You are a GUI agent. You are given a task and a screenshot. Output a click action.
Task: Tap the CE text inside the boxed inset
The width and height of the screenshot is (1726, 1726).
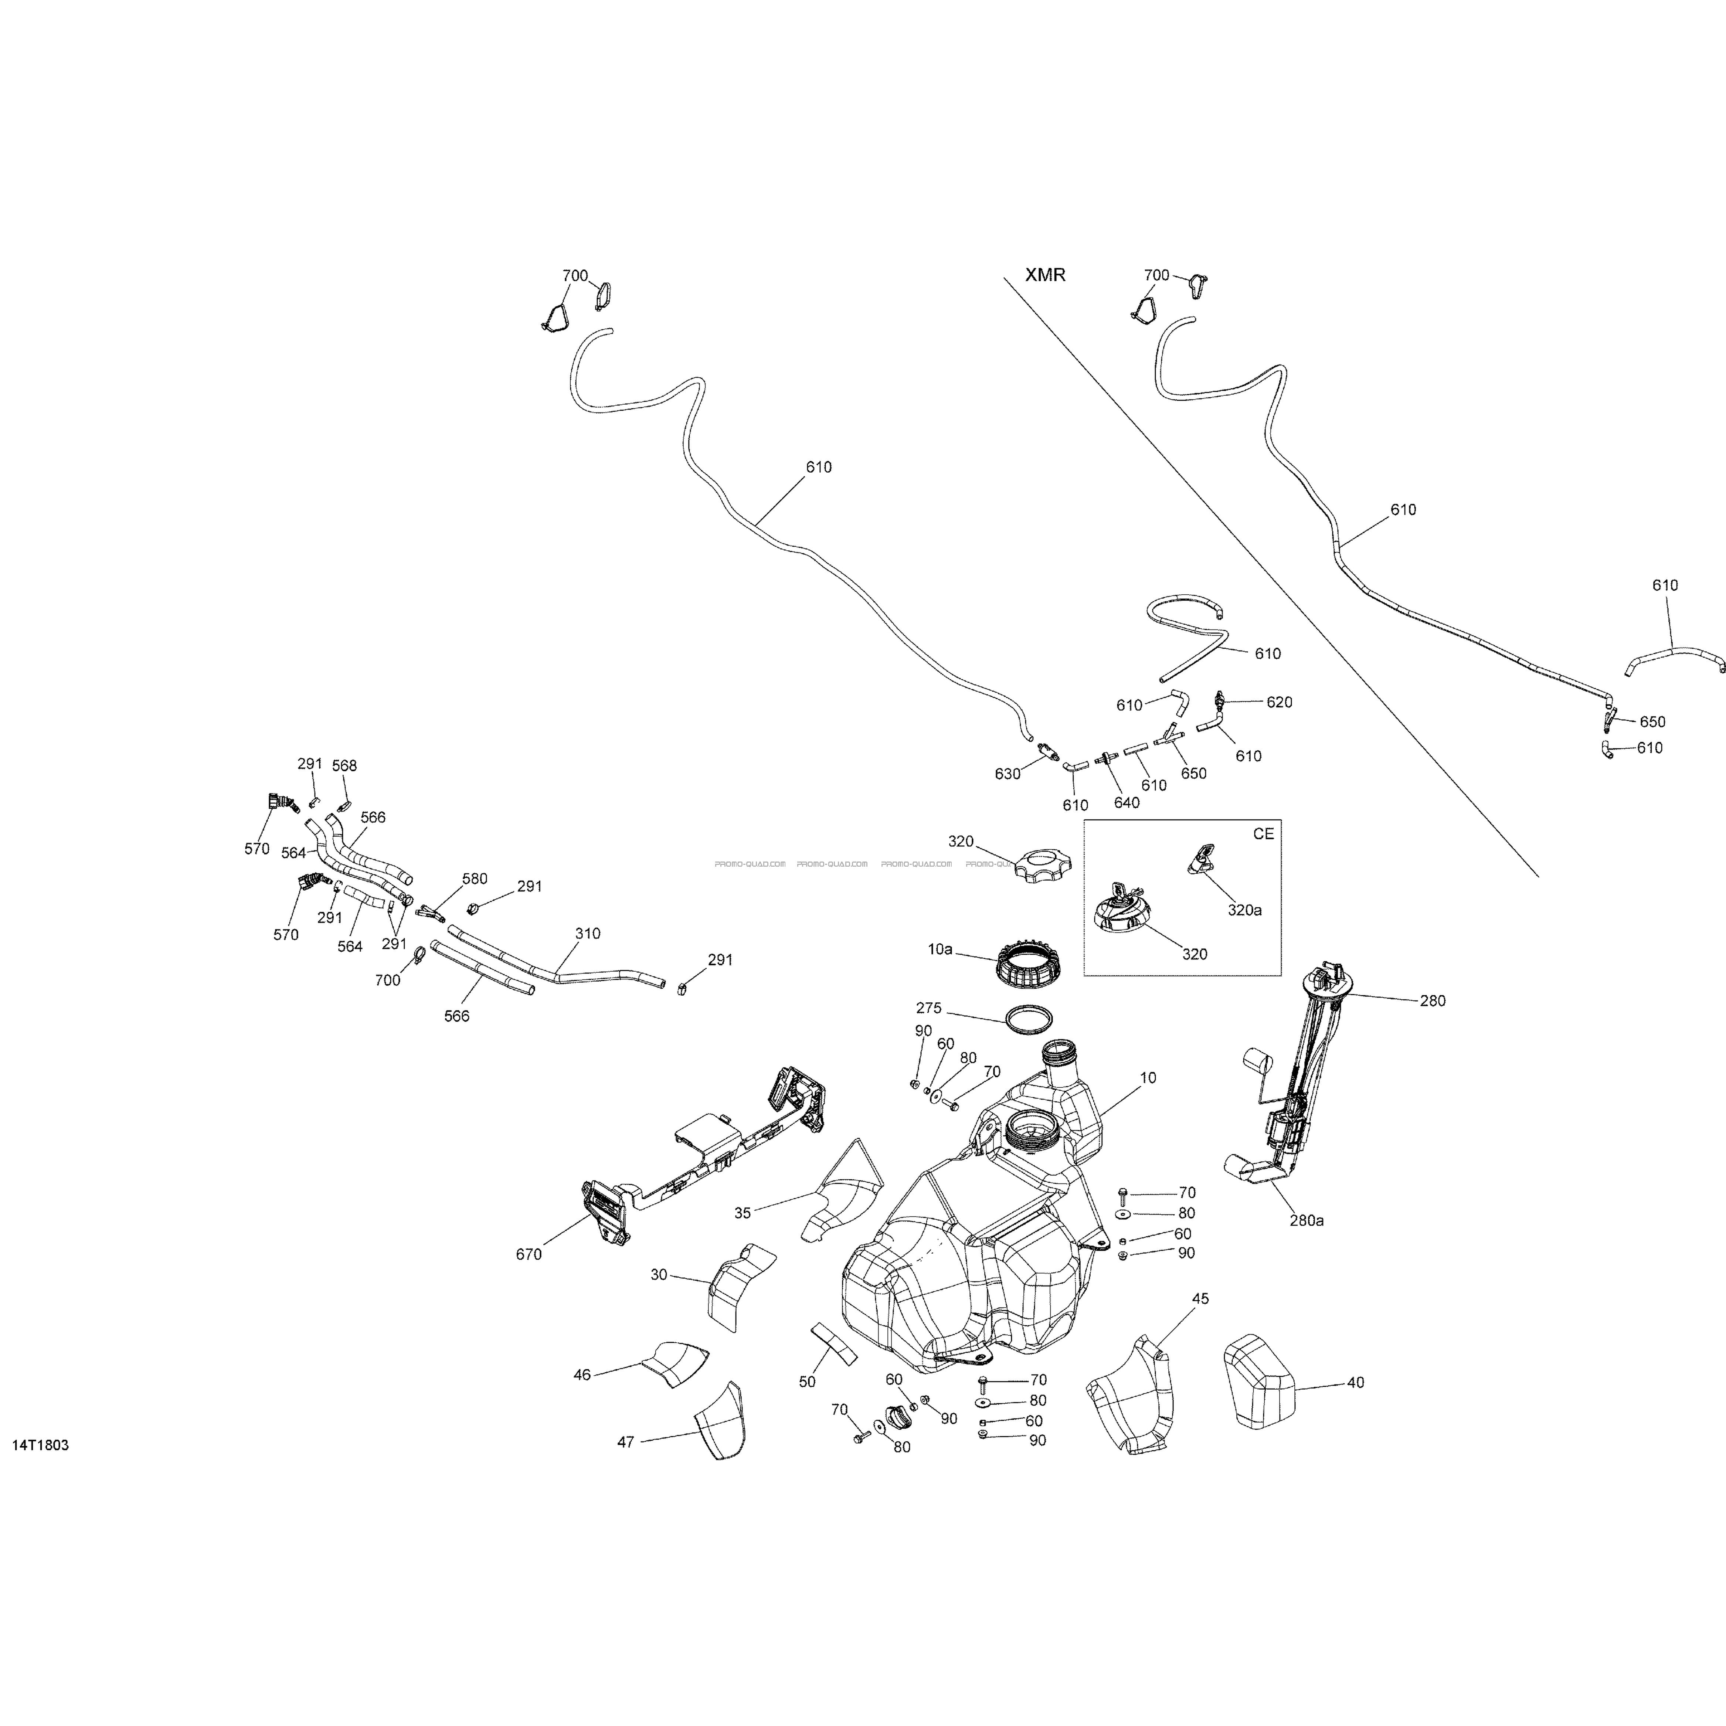pyautogui.click(x=1263, y=833)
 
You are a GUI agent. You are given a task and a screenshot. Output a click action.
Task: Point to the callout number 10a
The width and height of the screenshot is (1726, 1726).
pyautogui.click(x=940, y=949)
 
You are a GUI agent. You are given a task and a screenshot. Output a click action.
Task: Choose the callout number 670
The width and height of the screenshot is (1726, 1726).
pyautogui.click(x=529, y=1254)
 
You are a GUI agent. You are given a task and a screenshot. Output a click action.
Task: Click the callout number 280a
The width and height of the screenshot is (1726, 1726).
pyautogui.click(x=1306, y=1220)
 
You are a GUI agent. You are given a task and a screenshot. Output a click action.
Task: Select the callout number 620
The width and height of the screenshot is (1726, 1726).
pyautogui.click(x=1279, y=702)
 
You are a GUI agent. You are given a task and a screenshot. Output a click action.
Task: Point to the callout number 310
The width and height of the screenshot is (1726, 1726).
pyautogui.click(x=588, y=934)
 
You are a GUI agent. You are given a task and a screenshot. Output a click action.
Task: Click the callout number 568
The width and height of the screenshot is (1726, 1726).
pyautogui.click(x=344, y=766)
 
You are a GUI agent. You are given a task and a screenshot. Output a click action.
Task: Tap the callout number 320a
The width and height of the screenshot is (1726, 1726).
pyautogui.click(x=1244, y=910)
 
